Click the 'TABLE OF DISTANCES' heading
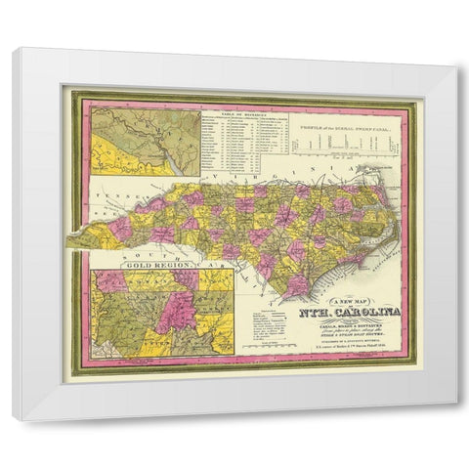click(241, 114)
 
